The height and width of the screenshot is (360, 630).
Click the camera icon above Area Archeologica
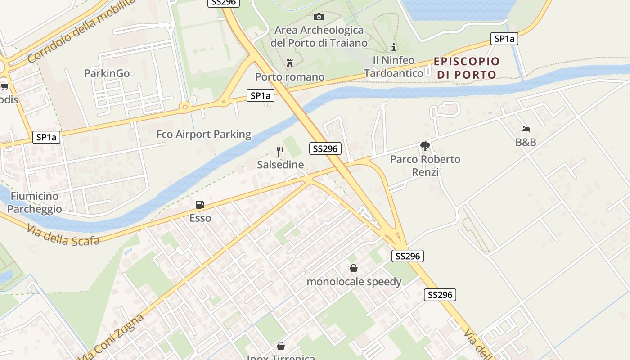319,17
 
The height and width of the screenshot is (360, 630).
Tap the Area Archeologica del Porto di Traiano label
319,37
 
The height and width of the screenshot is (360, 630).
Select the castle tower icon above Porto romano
290,63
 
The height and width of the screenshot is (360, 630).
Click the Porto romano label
290,77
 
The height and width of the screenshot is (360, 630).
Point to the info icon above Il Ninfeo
394,47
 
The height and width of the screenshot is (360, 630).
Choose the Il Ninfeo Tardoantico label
394,67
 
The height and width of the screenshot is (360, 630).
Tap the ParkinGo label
107,73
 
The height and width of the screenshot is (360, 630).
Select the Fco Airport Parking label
204,134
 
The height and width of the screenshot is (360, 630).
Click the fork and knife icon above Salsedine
280,152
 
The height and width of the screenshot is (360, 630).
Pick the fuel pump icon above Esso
200,205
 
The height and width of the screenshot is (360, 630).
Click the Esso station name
200,218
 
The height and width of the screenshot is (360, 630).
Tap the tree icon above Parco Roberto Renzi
425,146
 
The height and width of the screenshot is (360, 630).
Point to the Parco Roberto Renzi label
425,166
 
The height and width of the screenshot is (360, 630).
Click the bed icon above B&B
526,129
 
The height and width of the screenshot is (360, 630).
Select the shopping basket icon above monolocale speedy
354,268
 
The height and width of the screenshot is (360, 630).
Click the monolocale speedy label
354,282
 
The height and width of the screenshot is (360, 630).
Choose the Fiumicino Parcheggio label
35,202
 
